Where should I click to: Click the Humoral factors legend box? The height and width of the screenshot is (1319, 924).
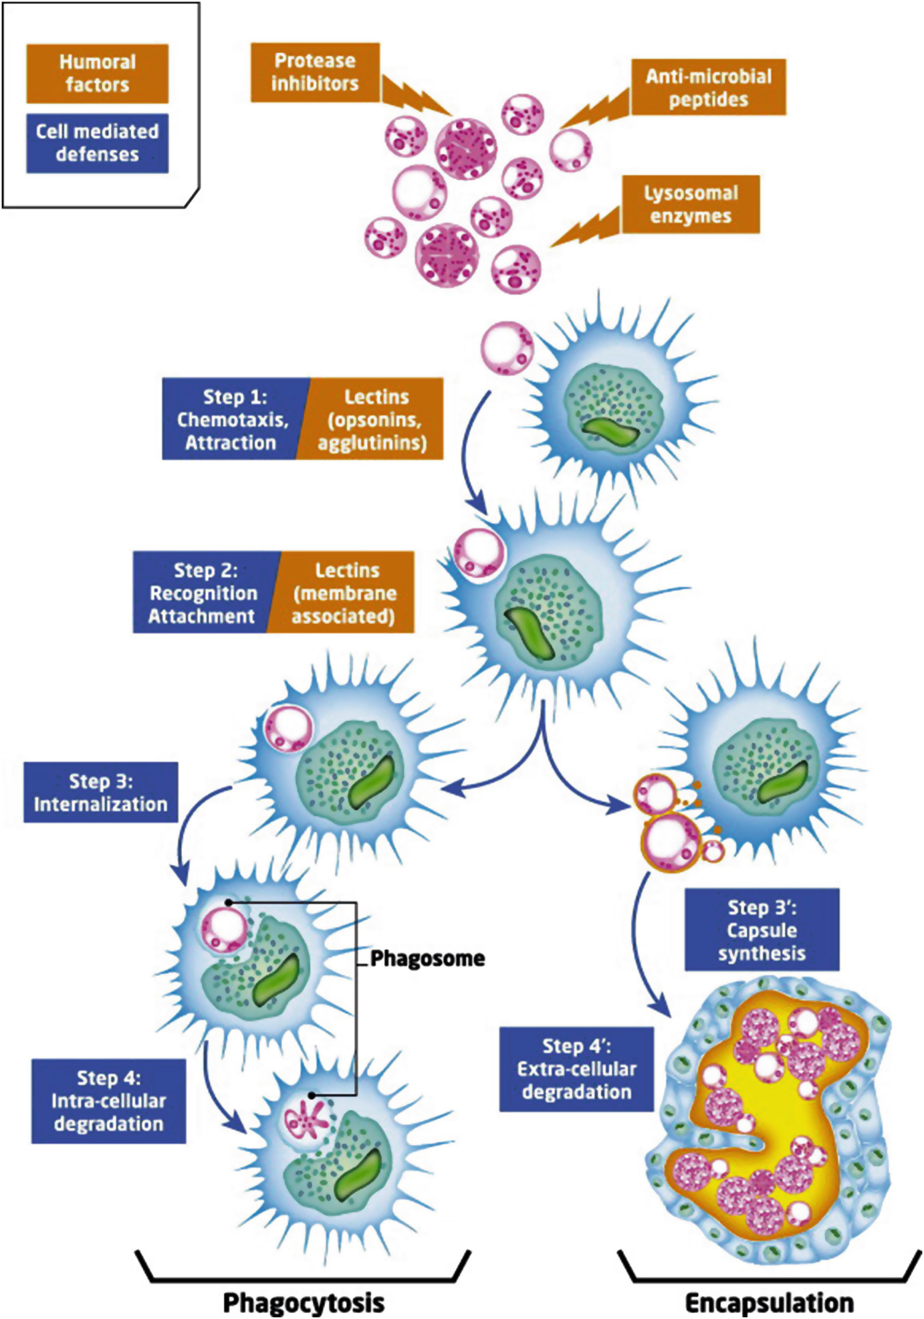(97, 74)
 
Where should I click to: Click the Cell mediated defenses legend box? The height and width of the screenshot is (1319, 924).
(97, 143)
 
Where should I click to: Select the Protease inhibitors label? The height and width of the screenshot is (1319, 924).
(315, 72)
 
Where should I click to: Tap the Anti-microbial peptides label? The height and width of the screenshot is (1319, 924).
(708, 88)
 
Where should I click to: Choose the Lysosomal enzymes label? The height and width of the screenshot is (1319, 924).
(691, 205)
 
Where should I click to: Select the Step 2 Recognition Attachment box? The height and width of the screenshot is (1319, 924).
(203, 593)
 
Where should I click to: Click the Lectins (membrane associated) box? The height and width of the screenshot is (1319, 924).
(344, 593)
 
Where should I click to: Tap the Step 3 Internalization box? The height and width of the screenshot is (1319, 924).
(101, 793)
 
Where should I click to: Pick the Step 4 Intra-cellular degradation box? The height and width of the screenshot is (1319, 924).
(108, 1101)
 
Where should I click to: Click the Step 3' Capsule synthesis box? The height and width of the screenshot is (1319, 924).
(762, 930)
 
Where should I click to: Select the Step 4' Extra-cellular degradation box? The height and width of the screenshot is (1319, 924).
(576, 1070)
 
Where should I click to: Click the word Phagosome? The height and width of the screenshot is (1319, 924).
(428, 958)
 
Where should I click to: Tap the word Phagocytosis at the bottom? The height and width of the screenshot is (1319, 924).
(304, 1302)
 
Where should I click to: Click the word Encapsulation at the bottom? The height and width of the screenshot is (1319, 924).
(770, 1302)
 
